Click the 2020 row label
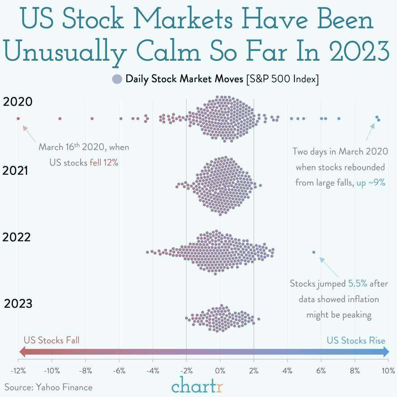18,102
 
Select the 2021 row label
15,171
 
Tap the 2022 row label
17,237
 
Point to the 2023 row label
18,304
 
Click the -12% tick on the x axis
18,371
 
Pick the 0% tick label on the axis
220,371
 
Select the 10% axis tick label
388,371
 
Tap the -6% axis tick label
119,371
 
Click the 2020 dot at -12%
18,119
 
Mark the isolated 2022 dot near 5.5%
314,252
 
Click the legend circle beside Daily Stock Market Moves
117,79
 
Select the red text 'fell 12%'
104,162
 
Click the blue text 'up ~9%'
371,183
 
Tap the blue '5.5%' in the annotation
358,284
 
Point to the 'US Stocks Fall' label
52,340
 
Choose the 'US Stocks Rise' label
356,340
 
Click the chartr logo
198,386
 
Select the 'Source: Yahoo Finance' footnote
48,387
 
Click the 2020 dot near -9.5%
60,119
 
